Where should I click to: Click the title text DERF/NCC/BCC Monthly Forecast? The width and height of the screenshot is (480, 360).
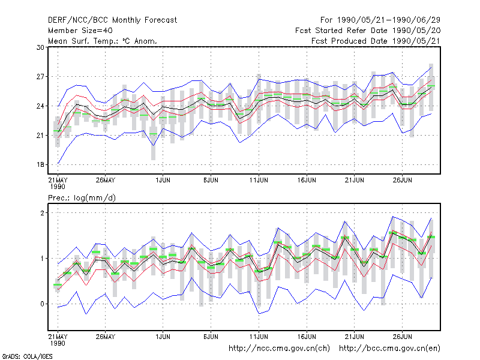(x=112, y=20)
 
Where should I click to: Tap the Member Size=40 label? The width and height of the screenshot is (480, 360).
(x=80, y=31)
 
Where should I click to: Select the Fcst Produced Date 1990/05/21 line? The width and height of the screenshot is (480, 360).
(x=376, y=41)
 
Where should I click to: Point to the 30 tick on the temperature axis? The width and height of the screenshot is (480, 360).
(x=40, y=47)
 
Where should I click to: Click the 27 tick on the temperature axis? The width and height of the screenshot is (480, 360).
(x=40, y=77)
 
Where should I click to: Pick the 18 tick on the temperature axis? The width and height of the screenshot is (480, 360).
(x=40, y=164)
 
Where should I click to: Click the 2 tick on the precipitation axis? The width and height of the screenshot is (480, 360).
(x=42, y=213)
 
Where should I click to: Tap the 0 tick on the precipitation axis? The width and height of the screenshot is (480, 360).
(x=42, y=304)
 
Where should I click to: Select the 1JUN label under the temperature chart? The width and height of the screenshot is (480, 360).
(x=163, y=180)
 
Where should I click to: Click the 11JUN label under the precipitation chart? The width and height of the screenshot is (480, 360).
(x=259, y=337)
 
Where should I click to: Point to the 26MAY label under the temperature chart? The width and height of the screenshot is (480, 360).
(x=106, y=180)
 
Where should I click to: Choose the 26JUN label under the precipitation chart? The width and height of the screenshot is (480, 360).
(x=402, y=337)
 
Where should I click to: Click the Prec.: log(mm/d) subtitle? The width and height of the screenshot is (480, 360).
(x=82, y=198)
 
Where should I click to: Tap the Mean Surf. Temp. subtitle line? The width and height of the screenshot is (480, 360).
(x=103, y=41)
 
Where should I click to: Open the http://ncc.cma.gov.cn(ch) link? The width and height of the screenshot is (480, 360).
(x=279, y=349)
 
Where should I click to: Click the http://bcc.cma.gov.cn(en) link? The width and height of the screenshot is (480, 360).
(x=389, y=349)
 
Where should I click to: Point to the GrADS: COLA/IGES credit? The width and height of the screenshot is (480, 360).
(x=27, y=356)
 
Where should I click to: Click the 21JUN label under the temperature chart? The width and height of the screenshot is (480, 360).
(x=355, y=180)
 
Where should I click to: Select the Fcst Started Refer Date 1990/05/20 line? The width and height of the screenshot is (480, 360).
(x=368, y=31)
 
